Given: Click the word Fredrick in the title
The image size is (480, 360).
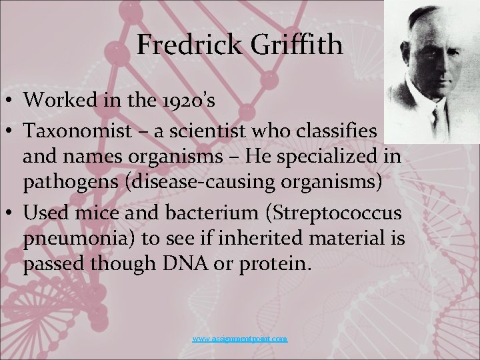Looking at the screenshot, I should click(180, 45).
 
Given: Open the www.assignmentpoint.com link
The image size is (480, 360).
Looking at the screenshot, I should click(240, 339).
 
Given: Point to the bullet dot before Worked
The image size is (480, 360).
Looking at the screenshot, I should click(9, 100).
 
